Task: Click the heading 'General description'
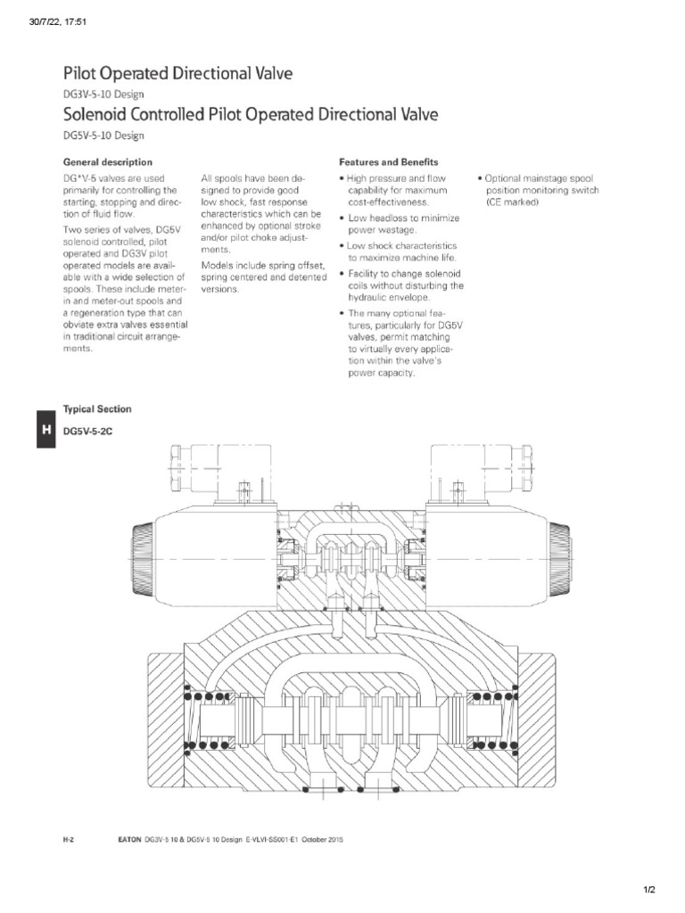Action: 107,163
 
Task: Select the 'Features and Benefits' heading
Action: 388,163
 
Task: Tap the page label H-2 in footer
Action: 66,839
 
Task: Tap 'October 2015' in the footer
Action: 320,839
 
